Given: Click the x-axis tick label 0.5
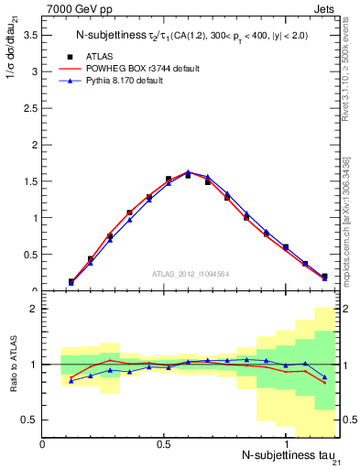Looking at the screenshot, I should click(x=164, y=444).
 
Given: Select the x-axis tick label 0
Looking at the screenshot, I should click(x=43, y=444).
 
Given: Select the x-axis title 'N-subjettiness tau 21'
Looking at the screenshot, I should click(x=289, y=456).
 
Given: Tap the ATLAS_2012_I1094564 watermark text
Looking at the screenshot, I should click(x=190, y=274).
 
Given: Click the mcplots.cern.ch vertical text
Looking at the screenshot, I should click(x=351, y=220).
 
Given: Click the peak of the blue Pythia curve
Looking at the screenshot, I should click(x=188, y=172).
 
